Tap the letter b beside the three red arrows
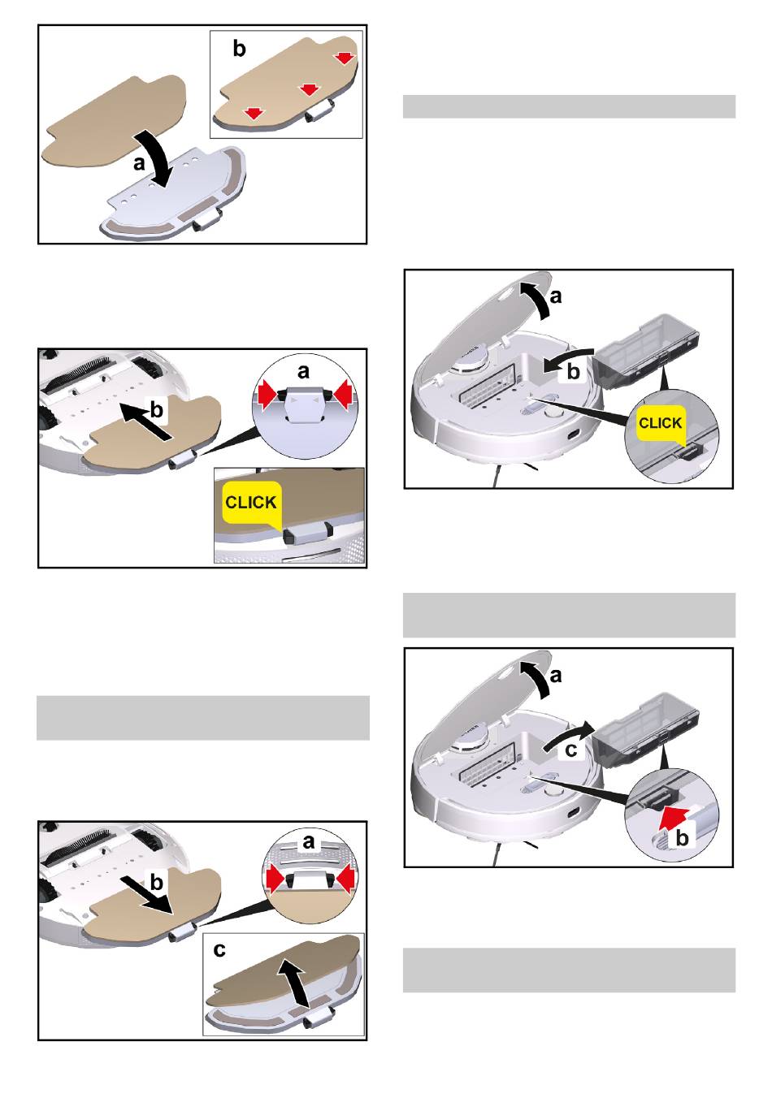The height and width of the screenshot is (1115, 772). click(239, 49)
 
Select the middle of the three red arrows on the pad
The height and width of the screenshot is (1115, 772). click(309, 89)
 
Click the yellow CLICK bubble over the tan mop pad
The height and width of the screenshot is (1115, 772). click(252, 503)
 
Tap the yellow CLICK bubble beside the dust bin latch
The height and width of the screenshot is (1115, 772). click(661, 424)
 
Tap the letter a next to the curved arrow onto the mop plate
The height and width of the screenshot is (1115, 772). click(140, 162)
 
